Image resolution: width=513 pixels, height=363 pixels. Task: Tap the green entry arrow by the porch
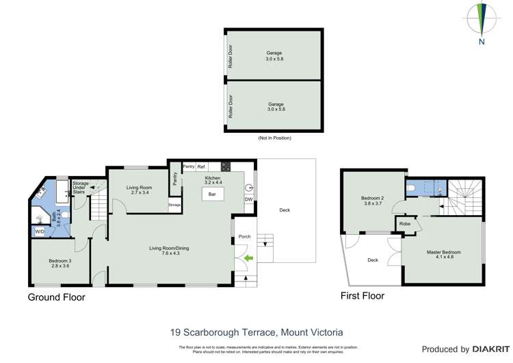[248, 258]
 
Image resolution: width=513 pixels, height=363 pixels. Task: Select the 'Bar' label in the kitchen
[212, 195]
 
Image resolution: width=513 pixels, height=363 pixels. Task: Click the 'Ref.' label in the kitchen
[202, 166]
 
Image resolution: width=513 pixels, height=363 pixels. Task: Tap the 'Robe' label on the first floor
[404, 223]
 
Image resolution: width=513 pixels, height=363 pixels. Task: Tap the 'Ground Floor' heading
[56, 297]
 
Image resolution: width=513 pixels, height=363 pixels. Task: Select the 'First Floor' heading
[363, 297]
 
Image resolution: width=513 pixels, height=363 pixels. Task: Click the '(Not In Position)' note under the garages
[274, 138]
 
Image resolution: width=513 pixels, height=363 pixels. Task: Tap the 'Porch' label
[244, 237]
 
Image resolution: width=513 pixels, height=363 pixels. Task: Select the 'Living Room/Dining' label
[170, 250]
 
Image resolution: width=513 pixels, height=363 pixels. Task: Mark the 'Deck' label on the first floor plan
[373, 260]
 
